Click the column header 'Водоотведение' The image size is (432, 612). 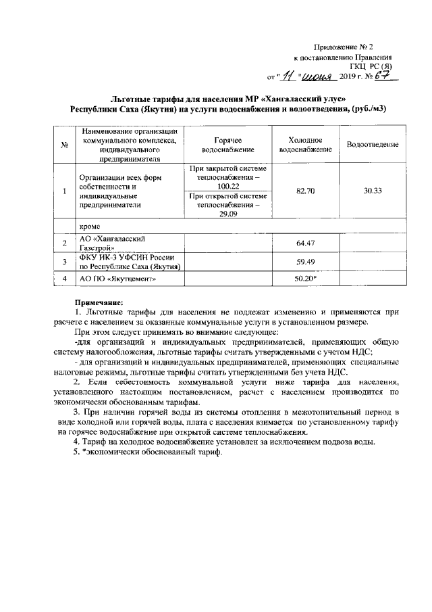[372, 145]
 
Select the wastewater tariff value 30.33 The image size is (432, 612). [372, 191]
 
